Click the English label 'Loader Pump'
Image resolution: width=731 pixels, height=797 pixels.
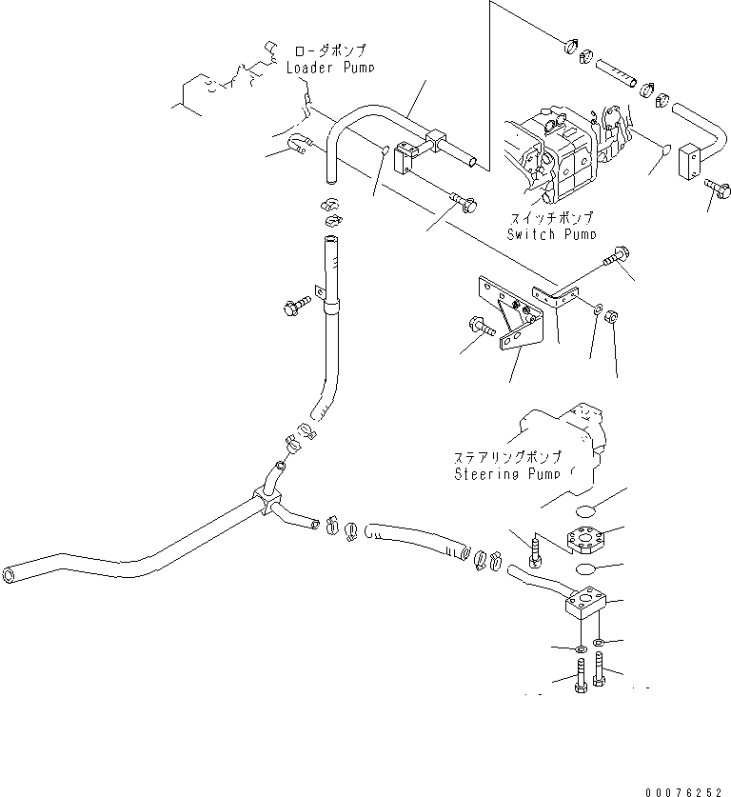pos(330,68)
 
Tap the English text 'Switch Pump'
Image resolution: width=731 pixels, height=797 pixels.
pos(552,234)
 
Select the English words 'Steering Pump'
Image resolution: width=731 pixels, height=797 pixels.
pos(505,472)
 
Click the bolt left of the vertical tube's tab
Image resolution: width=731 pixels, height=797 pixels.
pos(291,308)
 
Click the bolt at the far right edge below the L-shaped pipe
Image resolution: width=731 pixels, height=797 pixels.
pos(715,188)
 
